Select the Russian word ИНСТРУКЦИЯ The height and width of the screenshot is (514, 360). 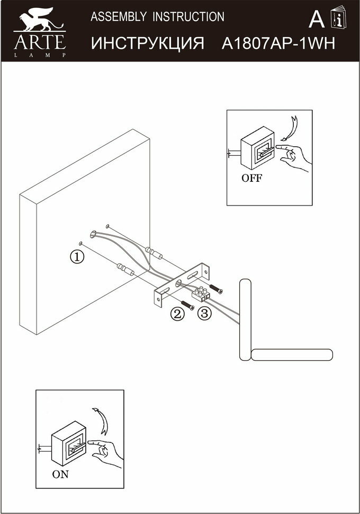coord(148,43)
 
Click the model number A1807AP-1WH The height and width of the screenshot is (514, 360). coord(278,43)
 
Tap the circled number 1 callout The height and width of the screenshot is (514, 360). coord(77,257)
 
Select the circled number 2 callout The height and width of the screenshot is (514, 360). coord(177,314)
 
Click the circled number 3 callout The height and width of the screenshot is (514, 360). coord(204,314)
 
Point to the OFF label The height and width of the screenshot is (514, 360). coord(251,178)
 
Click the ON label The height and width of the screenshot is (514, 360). coord(60,474)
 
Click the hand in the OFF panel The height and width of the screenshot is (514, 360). coord(294,155)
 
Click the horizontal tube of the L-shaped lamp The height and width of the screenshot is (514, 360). coord(292,355)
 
